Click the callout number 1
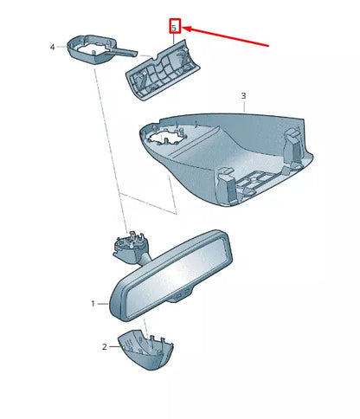click(x=93, y=304)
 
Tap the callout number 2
click(x=105, y=347)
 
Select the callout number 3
click(x=243, y=95)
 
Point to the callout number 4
click(x=53, y=47)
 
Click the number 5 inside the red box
click(x=174, y=28)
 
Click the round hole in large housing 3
click(x=166, y=137)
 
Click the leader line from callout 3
click(x=245, y=106)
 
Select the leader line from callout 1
click(x=103, y=304)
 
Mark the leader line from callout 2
click(x=114, y=347)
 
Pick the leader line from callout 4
click(x=62, y=47)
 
